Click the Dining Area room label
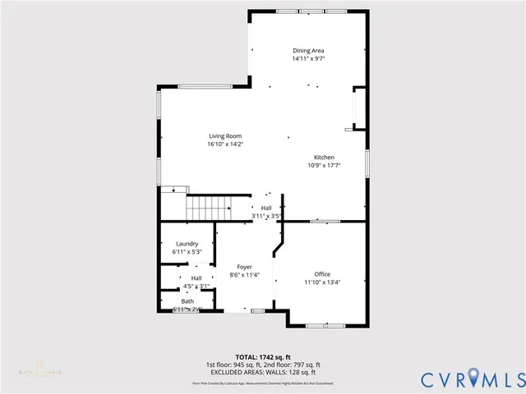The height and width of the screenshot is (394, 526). tap(308, 51)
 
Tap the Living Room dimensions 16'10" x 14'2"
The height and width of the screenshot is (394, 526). tap(225, 144)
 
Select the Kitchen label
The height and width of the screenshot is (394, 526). tap(323, 157)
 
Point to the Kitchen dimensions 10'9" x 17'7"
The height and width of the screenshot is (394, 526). tap(323, 165)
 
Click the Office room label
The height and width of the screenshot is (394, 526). tap(321, 273)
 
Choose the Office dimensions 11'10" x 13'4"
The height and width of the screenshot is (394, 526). tap(321, 282)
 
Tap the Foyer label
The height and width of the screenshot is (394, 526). tap(244, 267)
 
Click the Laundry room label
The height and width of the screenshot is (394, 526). tap(187, 244)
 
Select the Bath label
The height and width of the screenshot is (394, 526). tap(187, 301)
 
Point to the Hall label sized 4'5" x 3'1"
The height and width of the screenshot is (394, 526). tap(196, 278)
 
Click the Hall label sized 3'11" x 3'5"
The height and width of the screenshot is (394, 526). tap(266, 208)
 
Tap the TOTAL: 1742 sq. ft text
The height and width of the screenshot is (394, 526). tap(263, 357)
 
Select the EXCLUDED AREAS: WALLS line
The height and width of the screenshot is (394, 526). tap(263, 372)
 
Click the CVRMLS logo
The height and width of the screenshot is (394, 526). tap(472, 379)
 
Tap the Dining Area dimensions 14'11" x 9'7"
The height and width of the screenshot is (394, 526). tap(308, 59)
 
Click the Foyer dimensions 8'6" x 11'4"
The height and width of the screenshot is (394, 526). tap(244, 275)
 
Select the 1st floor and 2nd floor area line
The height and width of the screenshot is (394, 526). tap(263, 364)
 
